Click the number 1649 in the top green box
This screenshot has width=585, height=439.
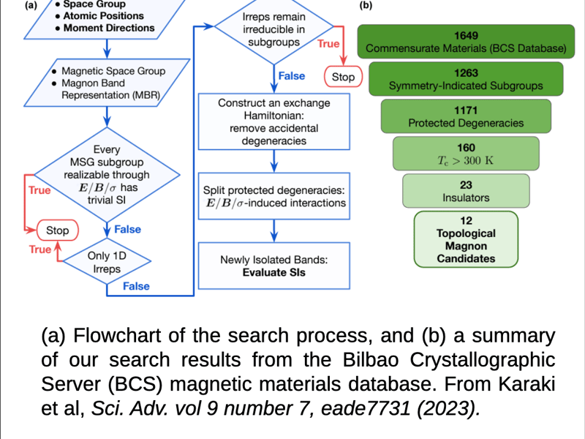tap(466, 35)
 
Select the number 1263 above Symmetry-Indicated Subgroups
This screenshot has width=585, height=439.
tap(466, 72)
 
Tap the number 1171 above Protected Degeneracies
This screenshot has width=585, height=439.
tap(466, 110)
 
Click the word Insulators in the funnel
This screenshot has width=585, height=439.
tap(466, 198)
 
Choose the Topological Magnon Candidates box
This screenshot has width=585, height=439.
tap(466, 239)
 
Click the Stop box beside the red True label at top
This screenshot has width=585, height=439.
tap(343, 77)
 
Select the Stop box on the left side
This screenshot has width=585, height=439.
tap(57, 230)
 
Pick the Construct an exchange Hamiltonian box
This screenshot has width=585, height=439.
tap(273, 121)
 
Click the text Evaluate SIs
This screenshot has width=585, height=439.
tap(273, 273)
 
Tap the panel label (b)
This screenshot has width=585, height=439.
tap(366, 6)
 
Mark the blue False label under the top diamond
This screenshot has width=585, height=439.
tap(292, 75)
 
